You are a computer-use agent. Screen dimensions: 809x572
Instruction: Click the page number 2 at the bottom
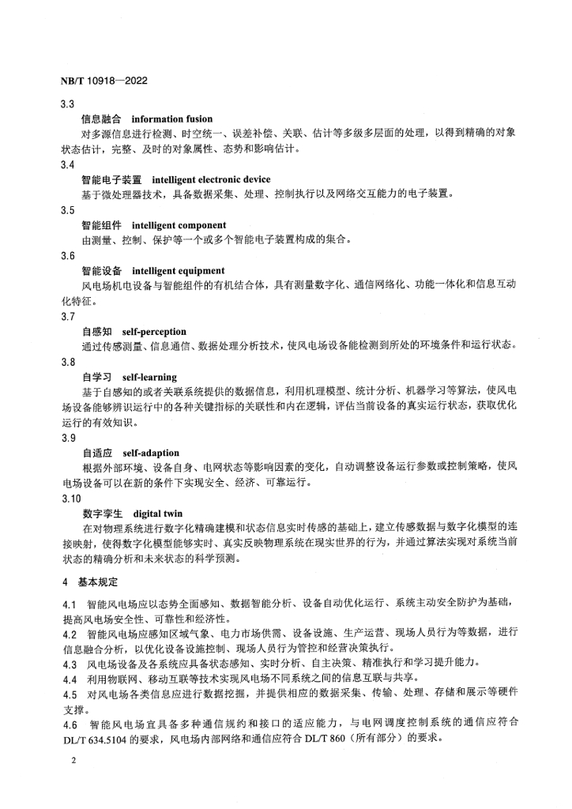coord(72,761)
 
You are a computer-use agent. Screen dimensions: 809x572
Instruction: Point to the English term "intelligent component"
coord(179,225)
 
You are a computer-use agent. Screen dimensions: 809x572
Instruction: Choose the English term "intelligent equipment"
coord(178,271)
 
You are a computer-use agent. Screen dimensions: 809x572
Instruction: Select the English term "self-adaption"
coord(151,453)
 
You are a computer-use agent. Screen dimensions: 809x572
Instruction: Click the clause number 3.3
coord(68,103)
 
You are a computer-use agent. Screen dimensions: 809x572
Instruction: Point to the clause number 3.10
coord(70,499)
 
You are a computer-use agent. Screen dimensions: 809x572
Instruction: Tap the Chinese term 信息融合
coord(100,119)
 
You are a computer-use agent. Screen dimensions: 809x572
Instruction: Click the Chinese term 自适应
coord(96,453)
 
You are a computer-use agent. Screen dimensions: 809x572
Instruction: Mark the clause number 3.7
coord(68,317)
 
